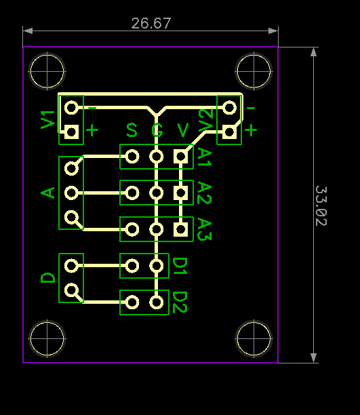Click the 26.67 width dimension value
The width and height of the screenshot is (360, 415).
point(151,23)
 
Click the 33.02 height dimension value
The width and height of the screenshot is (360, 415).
point(321,206)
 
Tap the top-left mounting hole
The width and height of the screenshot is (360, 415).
point(47,71)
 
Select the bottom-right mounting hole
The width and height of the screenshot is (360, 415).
point(254,338)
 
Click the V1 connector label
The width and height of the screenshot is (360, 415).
point(47,120)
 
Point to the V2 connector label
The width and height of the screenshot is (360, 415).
point(205,121)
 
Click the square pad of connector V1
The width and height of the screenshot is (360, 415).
point(71,132)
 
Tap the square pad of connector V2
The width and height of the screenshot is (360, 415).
point(229,132)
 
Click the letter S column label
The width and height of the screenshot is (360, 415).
point(132,130)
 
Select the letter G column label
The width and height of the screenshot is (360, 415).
point(157,130)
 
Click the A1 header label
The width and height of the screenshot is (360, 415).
point(205,157)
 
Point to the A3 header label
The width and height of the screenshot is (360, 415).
point(205,229)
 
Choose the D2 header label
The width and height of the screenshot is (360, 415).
point(180,302)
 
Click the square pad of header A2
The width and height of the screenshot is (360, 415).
point(181,193)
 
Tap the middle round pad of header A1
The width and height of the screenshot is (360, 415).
point(156,157)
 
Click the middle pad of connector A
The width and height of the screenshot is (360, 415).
point(71,193)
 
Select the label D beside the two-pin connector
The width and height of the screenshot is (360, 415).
point(47,278)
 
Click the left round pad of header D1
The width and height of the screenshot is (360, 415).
point(132,266)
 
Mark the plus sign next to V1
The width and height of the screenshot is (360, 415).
point(92,130)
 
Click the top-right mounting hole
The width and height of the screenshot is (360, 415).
point(254,71)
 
